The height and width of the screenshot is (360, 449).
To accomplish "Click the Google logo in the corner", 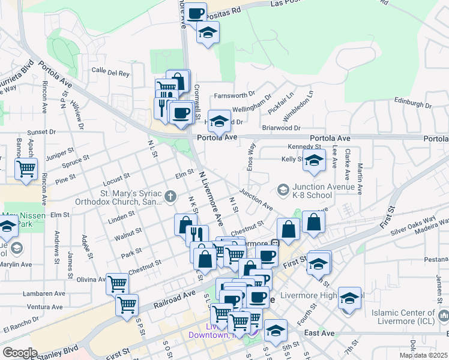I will [x=19, y=353].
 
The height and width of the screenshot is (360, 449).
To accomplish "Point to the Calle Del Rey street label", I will [x=110, y=73].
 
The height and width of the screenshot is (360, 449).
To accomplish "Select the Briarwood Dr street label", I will [x=281, y=128].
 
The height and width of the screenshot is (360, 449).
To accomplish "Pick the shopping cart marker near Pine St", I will [x=26, y=169].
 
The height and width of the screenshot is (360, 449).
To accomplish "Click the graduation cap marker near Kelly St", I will [x=313, y=160].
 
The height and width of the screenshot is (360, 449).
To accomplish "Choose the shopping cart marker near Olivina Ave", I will [x=117, y=283].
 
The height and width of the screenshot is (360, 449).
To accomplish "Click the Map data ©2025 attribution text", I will [x=423, y=355].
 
